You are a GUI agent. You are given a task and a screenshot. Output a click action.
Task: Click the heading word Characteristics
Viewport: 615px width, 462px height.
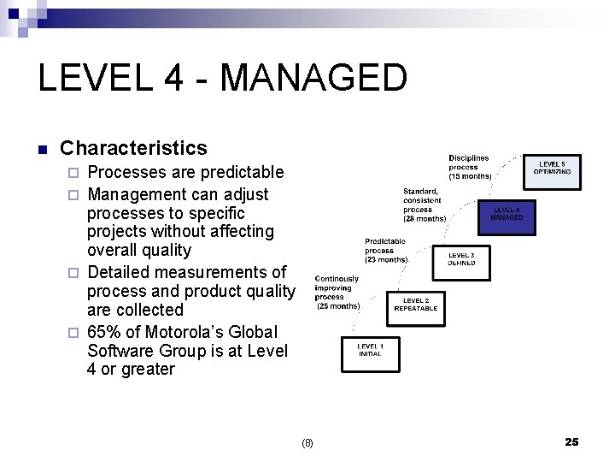(x=133, y=148)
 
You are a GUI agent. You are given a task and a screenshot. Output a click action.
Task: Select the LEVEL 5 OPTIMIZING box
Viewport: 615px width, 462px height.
(x=553, y=169)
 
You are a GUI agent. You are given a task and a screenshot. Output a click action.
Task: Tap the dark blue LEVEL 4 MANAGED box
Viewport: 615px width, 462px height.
(x=507, y=214)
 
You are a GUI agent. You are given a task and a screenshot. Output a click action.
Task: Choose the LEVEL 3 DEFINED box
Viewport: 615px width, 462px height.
(x=461, y=259)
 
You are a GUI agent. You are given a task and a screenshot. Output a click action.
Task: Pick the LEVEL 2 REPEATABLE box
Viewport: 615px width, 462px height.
(x=416, y=305)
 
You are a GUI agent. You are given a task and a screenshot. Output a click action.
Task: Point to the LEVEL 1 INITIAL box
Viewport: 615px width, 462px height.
(x=370, y=351)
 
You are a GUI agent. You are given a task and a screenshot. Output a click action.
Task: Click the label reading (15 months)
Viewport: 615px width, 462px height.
(x=470, y=177)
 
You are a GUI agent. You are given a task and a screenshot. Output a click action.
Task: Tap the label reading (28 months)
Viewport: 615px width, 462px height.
(x=425, y=219)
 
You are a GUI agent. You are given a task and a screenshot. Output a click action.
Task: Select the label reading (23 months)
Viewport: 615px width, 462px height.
(x=386, y=259)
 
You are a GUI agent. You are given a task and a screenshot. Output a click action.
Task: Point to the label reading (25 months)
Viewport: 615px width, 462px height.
(x=338, y=305)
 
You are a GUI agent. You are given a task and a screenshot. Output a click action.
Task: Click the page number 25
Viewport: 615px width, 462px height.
(x=571, y=441)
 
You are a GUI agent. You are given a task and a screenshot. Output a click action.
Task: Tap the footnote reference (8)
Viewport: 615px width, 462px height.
(x=307, y=443)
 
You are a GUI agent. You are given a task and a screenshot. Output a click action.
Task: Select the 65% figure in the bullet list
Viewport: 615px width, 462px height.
(x=106, y=332)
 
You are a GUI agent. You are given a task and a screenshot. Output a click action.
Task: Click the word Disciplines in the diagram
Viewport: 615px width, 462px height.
(x=469, y=158)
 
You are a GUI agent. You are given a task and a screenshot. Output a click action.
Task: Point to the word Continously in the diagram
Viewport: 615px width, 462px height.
(x=337, y=279)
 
